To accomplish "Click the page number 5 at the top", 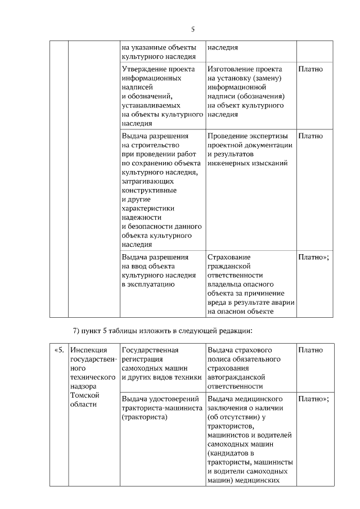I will click(192, 29).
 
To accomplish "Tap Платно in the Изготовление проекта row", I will click(310, 69).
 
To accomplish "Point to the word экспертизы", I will click(267, 136).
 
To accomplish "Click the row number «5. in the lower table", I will click(59, 350).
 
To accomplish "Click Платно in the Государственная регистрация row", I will click(310, 350).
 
